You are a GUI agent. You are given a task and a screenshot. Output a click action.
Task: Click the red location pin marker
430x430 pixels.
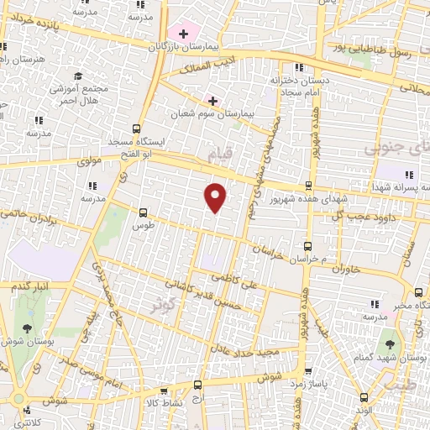[x=216, y=196]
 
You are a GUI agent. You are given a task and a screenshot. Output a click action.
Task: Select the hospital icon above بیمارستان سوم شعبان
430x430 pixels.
[x=212, y=101]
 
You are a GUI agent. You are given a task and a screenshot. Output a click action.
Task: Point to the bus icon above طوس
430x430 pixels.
[x=142, y=212]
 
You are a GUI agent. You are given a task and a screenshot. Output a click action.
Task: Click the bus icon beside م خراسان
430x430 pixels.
[x=307, y=246]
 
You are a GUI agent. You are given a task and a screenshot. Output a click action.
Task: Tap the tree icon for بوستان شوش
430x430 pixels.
[x=26, y=328]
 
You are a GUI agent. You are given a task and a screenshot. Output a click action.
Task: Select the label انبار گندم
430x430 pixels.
[x=31, y=286]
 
